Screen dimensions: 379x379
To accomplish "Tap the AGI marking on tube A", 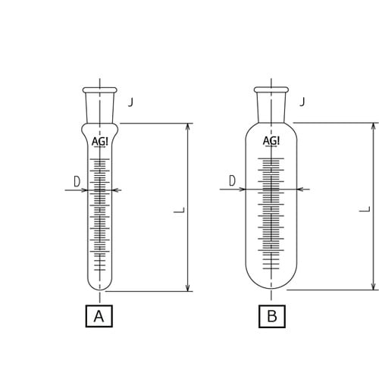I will [99, 141].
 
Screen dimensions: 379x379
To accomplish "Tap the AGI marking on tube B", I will [271, 140].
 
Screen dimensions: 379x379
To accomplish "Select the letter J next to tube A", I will [130, 99].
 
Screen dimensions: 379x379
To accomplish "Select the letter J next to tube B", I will [302, 99].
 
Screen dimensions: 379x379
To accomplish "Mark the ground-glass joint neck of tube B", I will [271, 102].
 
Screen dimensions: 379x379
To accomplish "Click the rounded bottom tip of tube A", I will [99, 287].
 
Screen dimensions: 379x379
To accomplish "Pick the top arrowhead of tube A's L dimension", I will [188, 126].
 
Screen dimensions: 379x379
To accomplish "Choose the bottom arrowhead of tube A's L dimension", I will [188, 286].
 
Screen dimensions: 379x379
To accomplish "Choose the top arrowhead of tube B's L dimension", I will [373, 125].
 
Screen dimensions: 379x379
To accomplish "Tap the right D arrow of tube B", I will [301, 189].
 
